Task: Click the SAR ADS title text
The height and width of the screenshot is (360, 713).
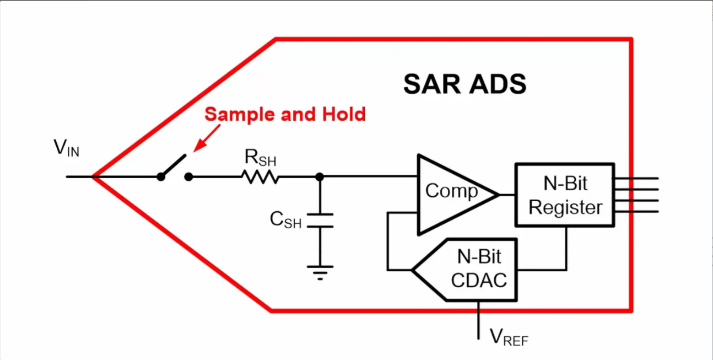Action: pos(464,84)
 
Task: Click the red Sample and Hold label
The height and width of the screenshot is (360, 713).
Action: pos(285,114)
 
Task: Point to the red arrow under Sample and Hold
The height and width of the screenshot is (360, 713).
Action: pos(206,138)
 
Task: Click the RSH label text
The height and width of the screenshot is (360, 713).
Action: pos(260,159)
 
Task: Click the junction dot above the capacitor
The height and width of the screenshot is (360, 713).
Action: pos(320,177)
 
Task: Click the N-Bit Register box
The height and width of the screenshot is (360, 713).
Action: pos(564,194)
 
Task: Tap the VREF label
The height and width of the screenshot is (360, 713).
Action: pos(508,336)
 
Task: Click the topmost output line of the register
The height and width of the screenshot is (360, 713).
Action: pos(636,178)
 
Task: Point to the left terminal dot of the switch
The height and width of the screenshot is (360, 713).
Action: pos(161,177)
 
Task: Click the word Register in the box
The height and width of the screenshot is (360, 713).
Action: pos(565,208)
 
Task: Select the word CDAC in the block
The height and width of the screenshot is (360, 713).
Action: pos(478,281)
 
